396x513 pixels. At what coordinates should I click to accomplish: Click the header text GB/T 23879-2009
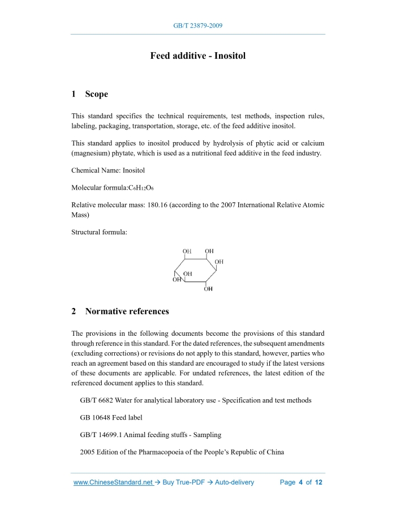198,26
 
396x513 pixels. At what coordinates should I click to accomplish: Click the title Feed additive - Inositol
198,56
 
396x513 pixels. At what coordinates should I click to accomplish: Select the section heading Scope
97,94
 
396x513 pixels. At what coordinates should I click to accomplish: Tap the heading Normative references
127,311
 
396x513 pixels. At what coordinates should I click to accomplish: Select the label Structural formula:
99,232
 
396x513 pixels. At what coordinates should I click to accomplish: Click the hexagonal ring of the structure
196,270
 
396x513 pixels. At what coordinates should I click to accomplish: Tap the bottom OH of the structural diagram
208,289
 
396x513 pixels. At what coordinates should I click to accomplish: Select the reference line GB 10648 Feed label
111,417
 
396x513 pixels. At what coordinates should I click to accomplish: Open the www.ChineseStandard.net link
114,482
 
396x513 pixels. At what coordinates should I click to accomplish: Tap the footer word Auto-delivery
234,482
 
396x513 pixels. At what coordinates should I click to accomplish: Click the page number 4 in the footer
301,482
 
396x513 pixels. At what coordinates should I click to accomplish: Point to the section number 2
74,311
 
